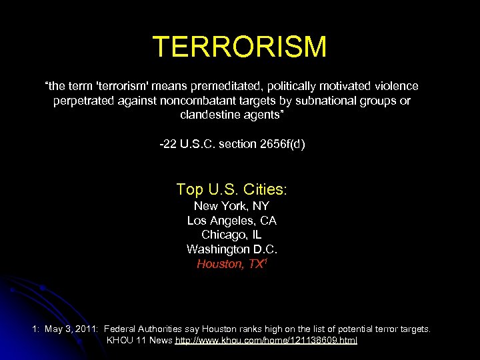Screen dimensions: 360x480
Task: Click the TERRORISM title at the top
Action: click(x=239, y=47)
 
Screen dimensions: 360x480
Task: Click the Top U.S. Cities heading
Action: click(x=231, y=189)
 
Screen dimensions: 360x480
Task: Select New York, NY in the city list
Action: click(x=231, y=206)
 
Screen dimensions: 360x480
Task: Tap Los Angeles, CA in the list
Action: click(x=231, y=221)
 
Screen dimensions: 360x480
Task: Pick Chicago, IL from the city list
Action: click(x=231, y=235)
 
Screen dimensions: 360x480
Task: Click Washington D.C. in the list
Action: click(x=231, y=249)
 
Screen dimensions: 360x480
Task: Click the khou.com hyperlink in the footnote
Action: click(x=266, y=340)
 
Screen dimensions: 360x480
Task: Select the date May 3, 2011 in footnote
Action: click(x=71, y=329)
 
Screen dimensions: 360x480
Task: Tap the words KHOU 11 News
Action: click(x=139, y=340)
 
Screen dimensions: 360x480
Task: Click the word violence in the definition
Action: click(x=396, y=86)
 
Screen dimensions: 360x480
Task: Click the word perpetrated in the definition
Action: click(x=85, y=101)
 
